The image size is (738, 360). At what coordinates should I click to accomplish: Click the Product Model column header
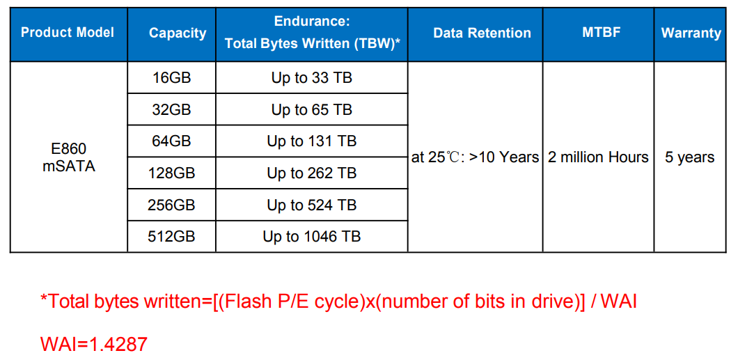68,33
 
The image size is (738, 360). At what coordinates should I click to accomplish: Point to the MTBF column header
598,33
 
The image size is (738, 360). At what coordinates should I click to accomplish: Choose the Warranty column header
691,33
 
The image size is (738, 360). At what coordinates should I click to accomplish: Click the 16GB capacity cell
171,78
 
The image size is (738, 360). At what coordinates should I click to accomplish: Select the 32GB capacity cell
171,109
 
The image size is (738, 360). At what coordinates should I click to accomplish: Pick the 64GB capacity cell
171,141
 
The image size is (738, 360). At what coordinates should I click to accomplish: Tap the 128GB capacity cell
171,173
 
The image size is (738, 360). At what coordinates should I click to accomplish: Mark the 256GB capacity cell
171,205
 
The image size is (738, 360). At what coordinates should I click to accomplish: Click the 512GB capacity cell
171,236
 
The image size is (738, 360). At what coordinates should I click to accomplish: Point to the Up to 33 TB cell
312,78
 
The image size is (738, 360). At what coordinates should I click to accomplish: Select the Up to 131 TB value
312,141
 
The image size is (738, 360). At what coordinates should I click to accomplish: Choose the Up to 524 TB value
312,205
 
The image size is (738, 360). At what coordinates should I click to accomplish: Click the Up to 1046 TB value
312,236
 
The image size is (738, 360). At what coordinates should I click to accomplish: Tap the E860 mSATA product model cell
69,157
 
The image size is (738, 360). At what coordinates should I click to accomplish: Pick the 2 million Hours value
598,157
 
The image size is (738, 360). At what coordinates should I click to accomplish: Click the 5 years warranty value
689,157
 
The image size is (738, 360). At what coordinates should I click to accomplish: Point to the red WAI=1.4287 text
94,345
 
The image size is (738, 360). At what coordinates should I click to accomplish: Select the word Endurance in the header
311,21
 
